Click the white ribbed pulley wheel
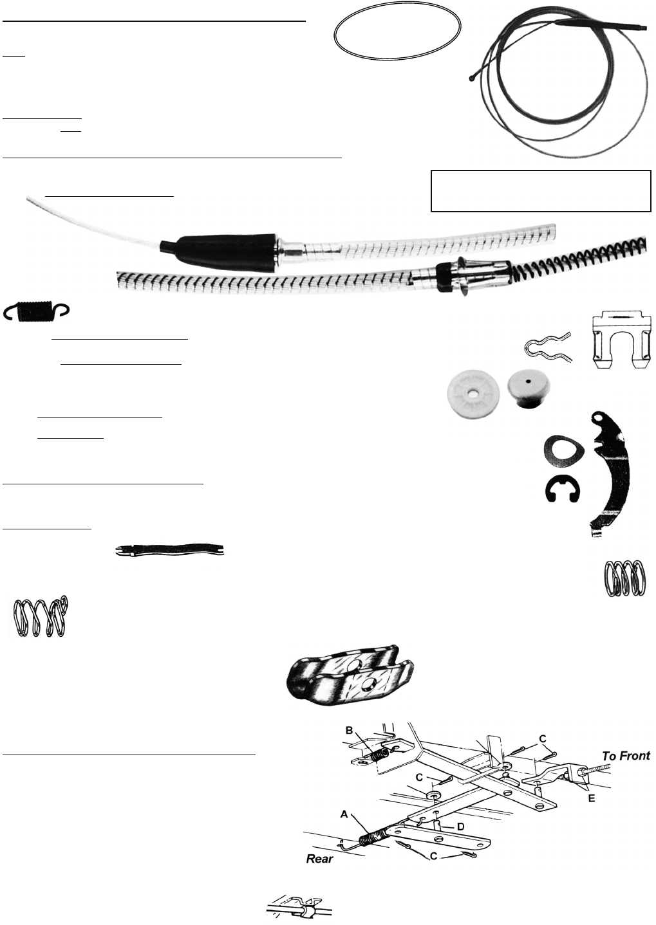click(473, 393)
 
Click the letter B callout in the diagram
click(350, 731)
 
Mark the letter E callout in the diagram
click(592, 799)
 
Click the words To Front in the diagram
click(626, 756)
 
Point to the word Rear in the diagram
click(319, 859)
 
